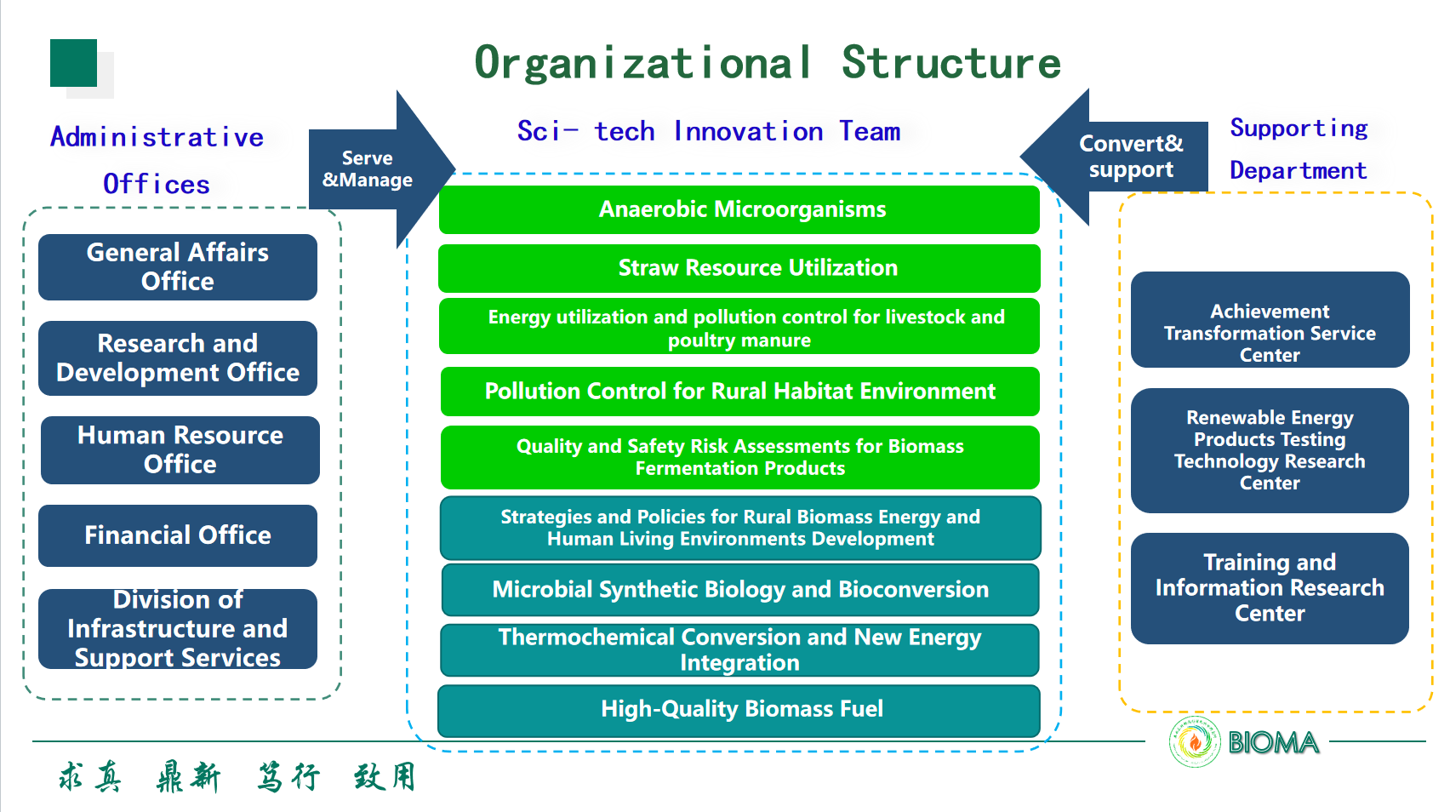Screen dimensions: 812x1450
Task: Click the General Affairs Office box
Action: click(x=178, y=267)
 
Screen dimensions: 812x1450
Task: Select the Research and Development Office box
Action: click(x=178, y=358)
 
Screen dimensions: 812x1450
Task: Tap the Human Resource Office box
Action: click(x=180, y=450)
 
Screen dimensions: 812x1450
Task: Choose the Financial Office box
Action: click(x=178, y=535)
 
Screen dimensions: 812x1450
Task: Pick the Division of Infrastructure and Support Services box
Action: click(x=178, y=629)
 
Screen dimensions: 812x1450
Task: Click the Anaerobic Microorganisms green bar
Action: click(x=739, y=209)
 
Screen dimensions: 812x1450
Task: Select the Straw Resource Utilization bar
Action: click(x=739, y=268)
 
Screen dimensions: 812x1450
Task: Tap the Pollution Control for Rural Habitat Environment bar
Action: click(x=739, y=392)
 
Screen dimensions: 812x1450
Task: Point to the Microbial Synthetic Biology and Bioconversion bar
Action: click(x=739, y=590)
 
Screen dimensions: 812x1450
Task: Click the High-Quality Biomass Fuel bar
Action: click(x=739, y=710)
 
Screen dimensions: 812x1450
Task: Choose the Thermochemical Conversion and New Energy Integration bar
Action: click(x=739, y=650)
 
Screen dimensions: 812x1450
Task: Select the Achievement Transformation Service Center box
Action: click(x=1270, y=321)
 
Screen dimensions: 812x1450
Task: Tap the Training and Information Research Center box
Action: click(x=1270, y=588)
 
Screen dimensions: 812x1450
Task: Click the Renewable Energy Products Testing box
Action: click(x=1270, y=450)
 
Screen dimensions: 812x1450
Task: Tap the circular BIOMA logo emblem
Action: click(x=1195, y=742)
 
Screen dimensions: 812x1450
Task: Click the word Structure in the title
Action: click(x=951, y=63)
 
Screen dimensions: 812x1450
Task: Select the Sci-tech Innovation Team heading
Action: click(x=709, y=132)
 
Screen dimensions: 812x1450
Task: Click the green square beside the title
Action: click(x=73, y=63)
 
